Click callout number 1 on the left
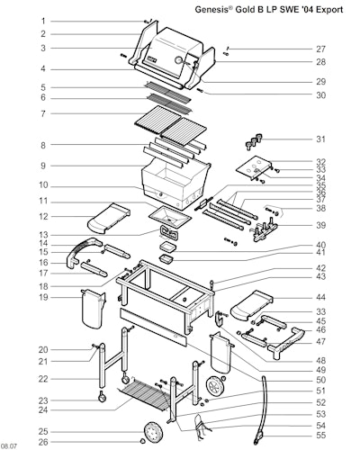(43, 21)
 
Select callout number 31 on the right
(320, 139)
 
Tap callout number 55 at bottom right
(320, 435)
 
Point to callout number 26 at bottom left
(43, 442)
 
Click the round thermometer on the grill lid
(179, 59)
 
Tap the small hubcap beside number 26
(143, 441)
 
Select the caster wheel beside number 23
(103, 397)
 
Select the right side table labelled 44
(252, 304)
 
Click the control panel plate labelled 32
(254, 168)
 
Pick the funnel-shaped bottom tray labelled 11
(169, 217)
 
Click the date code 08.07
(9, 446)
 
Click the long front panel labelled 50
(153, 327)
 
